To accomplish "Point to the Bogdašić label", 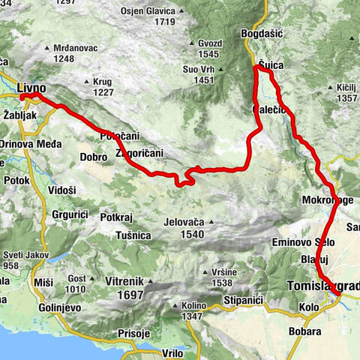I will (261, 34).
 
